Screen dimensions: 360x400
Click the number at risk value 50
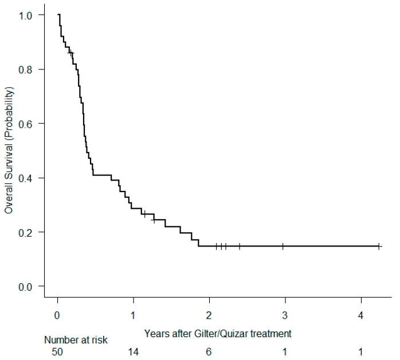[58, 351]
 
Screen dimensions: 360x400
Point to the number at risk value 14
[134, 351]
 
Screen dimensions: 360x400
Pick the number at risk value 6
[210, 351]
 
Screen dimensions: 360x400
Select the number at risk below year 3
[285, 351]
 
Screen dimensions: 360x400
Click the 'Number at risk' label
[76, 340]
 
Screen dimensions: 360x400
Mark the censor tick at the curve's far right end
[379, 246]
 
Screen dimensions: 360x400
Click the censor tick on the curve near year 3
[283, 246]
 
